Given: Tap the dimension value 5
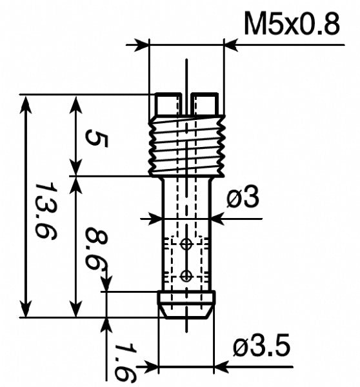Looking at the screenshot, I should [x=95, y=137].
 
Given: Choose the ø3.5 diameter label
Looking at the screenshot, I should [x=262, y=348].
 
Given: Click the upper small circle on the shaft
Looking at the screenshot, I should [x=186, y=244].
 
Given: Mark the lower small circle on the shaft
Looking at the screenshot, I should [x=186, y=275].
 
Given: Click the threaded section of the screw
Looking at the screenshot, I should [x=187, y=145].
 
